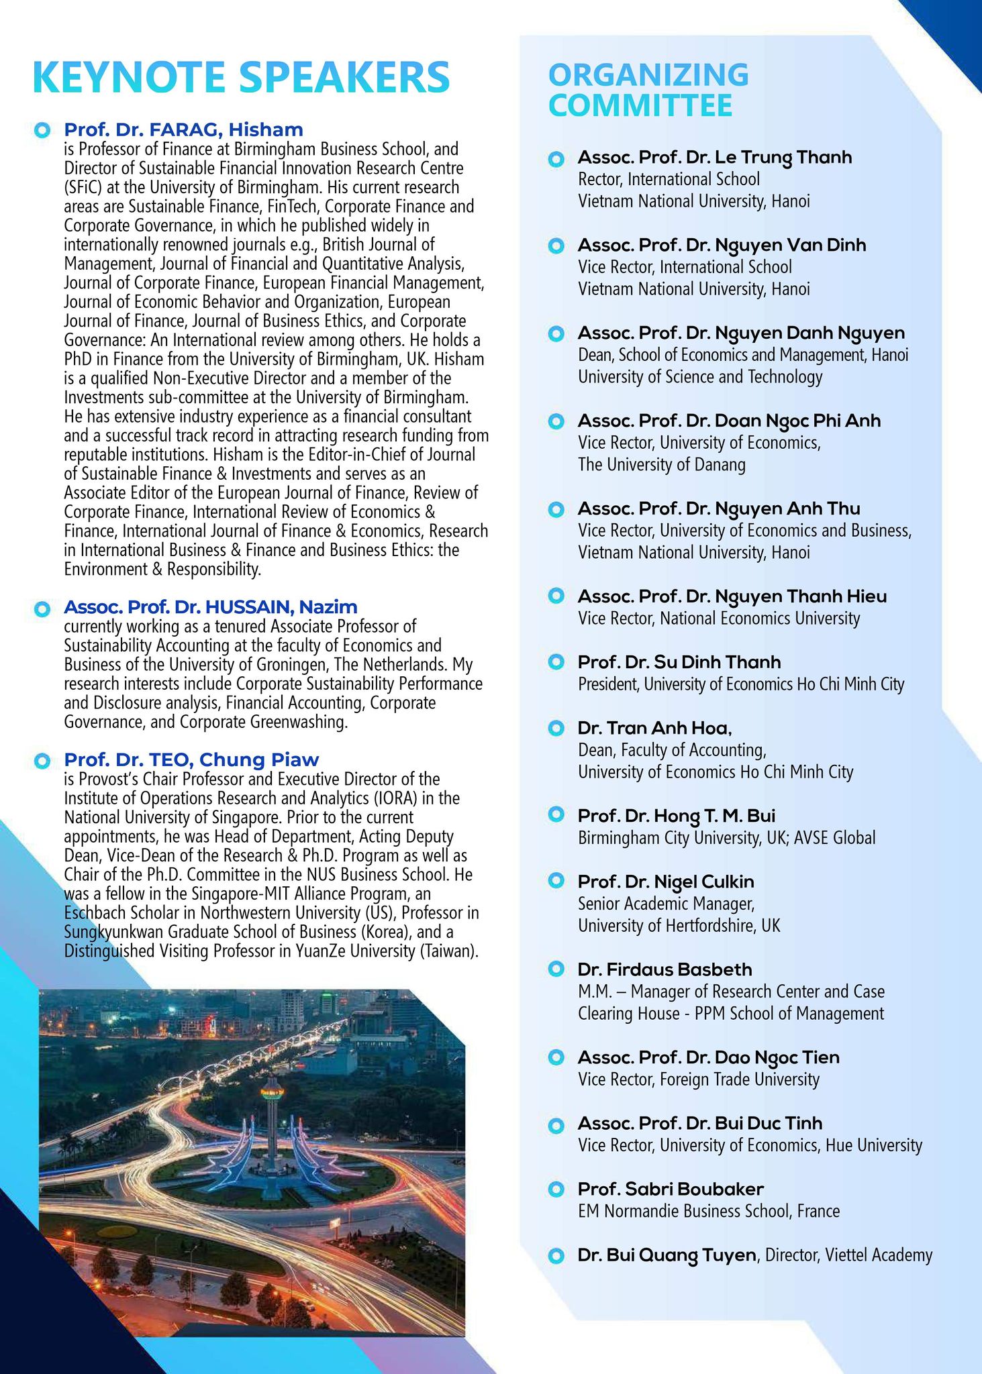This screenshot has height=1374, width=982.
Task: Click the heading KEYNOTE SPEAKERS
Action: (240, 77)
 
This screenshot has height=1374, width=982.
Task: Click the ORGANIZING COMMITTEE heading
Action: (648, 90)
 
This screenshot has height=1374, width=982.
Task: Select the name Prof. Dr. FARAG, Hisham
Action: (183, 129)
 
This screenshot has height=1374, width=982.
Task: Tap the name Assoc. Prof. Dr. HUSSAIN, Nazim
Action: (210, 606)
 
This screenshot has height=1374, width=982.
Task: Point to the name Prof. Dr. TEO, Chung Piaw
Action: (191, 759)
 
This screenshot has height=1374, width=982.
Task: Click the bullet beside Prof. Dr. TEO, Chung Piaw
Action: (42, 761)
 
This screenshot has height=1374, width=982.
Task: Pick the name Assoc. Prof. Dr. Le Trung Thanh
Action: (714, 158)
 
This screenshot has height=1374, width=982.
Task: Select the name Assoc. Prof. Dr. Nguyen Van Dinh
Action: (722, 245)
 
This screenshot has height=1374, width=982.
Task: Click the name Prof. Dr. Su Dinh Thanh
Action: (679, 662)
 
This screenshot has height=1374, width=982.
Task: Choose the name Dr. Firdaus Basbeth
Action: (665, 969)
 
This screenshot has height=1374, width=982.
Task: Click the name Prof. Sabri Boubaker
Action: (670, 1189)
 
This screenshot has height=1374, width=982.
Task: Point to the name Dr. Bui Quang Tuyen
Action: (667, 1255)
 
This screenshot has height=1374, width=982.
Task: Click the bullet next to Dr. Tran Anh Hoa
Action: (556, 728)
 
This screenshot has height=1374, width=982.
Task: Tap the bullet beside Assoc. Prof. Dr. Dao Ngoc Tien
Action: (556, 1057)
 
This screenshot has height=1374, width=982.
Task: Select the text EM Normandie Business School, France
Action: (708, 1211)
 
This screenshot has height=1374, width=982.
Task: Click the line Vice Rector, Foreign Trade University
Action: (698, 1079)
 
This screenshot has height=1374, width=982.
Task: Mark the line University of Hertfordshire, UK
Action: (679, 926)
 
